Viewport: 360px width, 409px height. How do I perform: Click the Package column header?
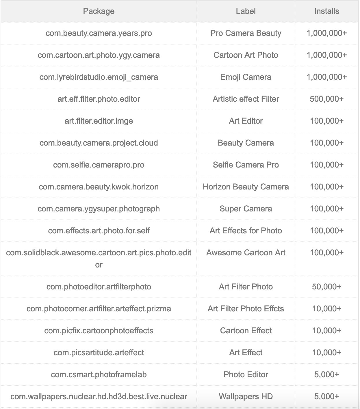[99, 11]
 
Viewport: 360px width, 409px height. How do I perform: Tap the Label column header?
[246, 11]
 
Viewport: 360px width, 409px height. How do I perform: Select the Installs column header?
[326, 11]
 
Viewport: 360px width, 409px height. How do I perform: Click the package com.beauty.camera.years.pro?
[99, 33]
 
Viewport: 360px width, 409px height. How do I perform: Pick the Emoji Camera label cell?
[246, 77]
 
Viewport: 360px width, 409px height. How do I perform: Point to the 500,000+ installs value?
[326, 99]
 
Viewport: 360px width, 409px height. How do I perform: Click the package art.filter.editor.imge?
[99, 121]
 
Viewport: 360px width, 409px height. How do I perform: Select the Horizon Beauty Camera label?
[246, 187]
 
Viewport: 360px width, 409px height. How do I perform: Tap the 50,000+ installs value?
[326, 287]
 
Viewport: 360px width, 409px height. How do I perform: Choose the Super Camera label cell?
[246, 209]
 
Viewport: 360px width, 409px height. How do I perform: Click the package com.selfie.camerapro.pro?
[99, 165]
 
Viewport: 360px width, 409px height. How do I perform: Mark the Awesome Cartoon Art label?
[246, 253]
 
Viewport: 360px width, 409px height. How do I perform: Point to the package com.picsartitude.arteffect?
[99, 353]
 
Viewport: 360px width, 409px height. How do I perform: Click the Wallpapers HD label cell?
[246, 397]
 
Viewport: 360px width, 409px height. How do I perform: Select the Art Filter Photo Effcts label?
[246, 309]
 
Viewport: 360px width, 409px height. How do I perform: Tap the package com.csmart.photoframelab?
[99, 375]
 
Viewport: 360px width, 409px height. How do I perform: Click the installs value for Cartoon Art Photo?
[326, 55]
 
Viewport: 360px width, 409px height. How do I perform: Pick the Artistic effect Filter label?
[246, 99]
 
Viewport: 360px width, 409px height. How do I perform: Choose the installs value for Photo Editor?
[326, 375]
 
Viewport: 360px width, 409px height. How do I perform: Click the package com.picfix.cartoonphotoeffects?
[99, 331]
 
